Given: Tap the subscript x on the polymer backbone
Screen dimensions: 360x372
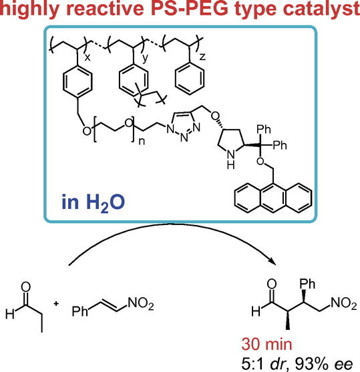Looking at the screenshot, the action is [87, 57].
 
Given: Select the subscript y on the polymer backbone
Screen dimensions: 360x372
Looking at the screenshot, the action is [145, 58].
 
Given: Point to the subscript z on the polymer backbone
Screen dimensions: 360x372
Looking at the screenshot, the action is [202, 57].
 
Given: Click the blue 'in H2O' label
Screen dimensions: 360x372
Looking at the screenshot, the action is [93, 202].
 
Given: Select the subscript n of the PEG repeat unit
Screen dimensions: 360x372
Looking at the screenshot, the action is [142, 142].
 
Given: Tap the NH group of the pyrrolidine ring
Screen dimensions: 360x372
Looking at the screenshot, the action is [230, 160].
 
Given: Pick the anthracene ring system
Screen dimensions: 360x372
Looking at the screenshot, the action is [273, 198].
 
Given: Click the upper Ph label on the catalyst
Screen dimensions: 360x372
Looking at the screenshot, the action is [264, 130].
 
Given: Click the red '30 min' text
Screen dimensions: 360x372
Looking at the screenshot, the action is [266, 344].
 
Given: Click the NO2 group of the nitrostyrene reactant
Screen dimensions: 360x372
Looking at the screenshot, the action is [141, 303].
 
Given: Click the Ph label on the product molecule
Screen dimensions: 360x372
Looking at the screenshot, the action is [307, 284].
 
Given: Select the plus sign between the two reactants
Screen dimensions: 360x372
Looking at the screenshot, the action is [56, 303].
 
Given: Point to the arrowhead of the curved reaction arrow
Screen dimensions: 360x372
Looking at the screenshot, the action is [273, 262].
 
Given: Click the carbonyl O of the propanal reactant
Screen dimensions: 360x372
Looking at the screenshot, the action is [25, 287].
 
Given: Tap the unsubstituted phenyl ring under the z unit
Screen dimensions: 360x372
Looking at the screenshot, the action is [190, 79].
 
